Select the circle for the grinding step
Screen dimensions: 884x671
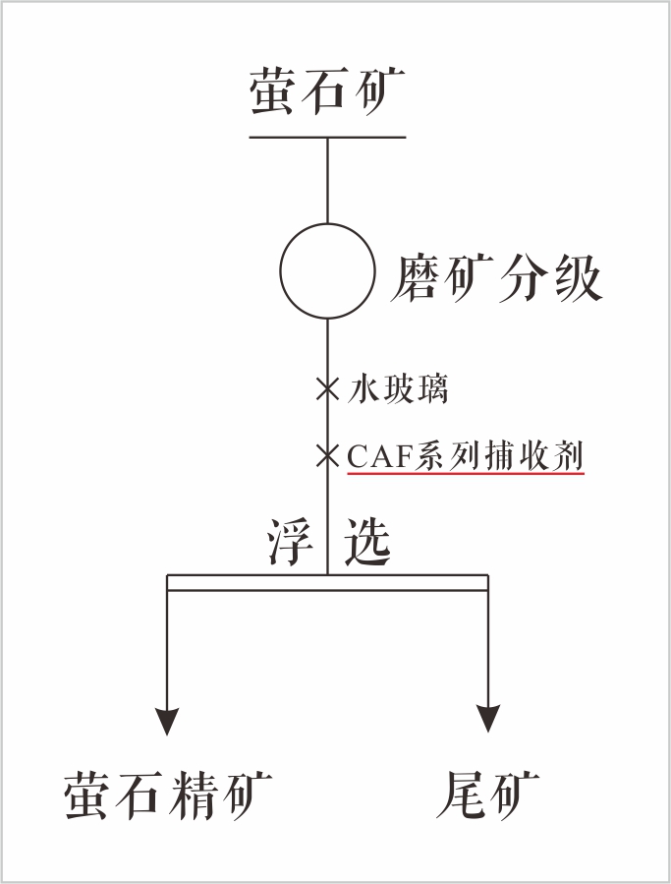pos(327,271)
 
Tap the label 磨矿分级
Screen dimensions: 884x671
pos(495,278)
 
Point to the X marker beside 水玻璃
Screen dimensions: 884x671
pos(327,388)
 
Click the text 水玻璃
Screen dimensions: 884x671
pos(398,389)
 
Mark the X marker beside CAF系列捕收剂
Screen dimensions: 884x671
pos(327,455)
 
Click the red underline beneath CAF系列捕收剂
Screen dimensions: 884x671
pos(466,474)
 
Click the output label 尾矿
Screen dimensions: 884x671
pos(487,794)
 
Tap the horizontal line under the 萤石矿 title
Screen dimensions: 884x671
pos(327,137)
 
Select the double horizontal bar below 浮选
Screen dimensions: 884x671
pos(327,583)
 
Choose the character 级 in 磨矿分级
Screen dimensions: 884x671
pos(575,278)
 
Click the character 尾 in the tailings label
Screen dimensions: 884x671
pos(461,794)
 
